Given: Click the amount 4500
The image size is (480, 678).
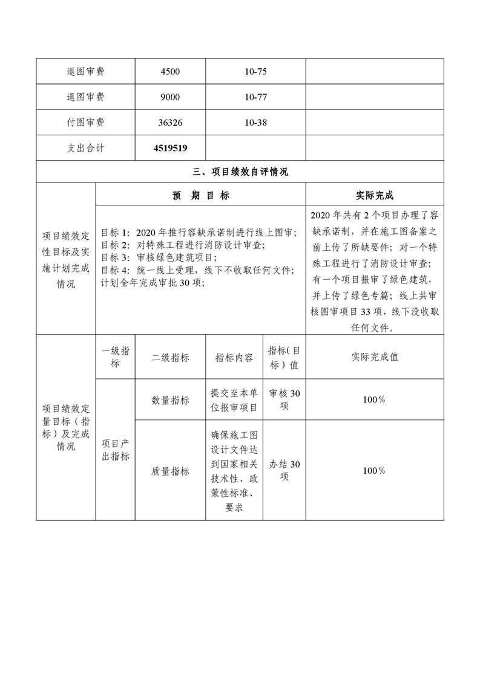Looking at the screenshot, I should [170, 71].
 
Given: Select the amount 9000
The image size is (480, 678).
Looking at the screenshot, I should [170, 97].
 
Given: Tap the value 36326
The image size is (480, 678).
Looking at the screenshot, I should [170, 122].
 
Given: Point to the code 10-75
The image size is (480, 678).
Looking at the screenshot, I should [256, 71].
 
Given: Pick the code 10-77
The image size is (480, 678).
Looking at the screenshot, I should [256, 97].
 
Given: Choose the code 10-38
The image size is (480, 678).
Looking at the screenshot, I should [256, 122].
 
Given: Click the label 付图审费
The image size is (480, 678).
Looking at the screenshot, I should [85, 122].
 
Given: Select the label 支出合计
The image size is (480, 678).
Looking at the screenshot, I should [85, 147].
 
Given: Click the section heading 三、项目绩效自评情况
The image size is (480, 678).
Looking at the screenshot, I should [240, 172].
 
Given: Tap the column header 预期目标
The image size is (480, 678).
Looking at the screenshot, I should [200, 196].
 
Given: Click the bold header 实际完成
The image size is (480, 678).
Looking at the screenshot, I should [374, 196].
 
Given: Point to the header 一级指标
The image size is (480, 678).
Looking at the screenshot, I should [115, 357].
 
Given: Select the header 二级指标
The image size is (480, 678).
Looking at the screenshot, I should [170, 357].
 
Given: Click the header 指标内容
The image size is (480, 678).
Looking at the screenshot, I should [234, 357].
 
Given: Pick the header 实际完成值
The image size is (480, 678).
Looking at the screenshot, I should [374, 357].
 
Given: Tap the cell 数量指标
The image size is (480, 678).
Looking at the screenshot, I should [170, 400].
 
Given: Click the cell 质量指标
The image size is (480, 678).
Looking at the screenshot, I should [170, 471].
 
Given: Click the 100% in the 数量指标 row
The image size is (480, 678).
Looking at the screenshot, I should [374, 400].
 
